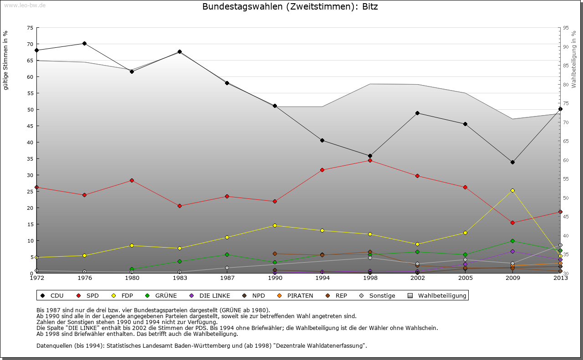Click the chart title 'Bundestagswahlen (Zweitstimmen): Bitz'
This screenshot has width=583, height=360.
pos(290,7)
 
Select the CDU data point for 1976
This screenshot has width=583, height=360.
pos(84,44)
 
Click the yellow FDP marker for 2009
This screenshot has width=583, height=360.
pos(512,190)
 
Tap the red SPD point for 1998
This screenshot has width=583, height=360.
pos(370,160)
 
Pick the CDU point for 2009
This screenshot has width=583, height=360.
pos(512,162)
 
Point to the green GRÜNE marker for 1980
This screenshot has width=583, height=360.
pos(132,269)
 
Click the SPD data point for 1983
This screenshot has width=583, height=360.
pos(179,206)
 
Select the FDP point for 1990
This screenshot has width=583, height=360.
pos(275,225)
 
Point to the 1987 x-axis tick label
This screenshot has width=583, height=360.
pos(227,278)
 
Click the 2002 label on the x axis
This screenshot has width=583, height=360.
pos(417,278)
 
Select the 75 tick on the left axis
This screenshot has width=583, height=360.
pos(30,28)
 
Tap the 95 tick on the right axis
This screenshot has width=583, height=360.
pos(566,28)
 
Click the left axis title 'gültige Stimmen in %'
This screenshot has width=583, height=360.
pos(6,61)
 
